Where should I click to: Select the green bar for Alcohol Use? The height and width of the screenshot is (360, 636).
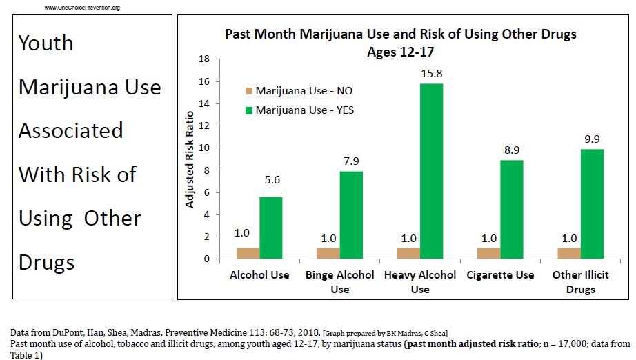[270, 228]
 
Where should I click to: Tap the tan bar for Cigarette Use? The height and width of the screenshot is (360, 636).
[489, 253]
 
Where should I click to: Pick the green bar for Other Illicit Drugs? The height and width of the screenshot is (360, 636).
[592, 204]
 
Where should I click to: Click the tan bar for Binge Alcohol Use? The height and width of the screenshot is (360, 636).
[328, 253]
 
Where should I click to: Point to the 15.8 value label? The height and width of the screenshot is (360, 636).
[431, 73]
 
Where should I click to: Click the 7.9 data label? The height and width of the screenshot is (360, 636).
[351, 161]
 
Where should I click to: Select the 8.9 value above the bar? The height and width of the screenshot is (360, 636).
[512, 150]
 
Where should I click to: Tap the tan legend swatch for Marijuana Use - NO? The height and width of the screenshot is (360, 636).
[249, 91]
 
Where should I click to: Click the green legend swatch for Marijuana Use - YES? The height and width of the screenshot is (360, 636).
[249, 110]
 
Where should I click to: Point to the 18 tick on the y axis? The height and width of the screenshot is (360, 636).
[204, 59]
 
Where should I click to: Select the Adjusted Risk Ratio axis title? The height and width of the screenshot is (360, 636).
[189, 158]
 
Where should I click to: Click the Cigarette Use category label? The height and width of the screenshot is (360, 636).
[500, 275]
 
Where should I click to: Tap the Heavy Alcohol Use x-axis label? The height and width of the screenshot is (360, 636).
[420, 281]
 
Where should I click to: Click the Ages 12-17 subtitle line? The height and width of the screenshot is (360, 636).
[400, 52]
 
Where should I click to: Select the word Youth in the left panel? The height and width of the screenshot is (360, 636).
[46, 43]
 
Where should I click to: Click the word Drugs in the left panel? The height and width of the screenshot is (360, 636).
[46, 263]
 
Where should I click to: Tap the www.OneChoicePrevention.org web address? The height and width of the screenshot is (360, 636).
[82, 8]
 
